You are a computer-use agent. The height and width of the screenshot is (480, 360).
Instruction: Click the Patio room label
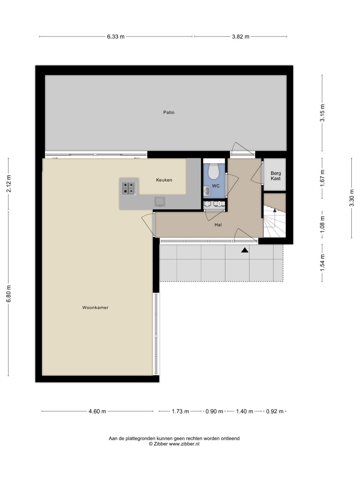pyautogui.click(x=169, y=112)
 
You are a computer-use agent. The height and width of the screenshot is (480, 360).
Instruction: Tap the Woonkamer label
pyautogui.click(x=95, y=307)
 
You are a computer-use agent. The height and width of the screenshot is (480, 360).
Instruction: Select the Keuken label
pyautogui.click(x=164, y=180)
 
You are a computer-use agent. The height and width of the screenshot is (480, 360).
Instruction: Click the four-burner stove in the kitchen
pyautogui.click(x=129, y=188)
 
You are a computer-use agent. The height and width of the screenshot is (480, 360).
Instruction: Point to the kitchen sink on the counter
pyautogui.click(x=160, y=202)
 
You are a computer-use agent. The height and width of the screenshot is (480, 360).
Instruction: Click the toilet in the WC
pyautogui.click(x=214, y=171)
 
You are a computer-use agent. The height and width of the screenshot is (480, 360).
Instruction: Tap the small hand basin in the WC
pyautogui.click(x=207, y=191)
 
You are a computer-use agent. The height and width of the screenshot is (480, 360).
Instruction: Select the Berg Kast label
pyautogui.click(x=276, y=176)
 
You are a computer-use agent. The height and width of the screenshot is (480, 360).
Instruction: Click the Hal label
pyautogui.click(x=218, y=225)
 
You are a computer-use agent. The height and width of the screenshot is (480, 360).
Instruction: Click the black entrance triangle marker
pyautogui.click(x=245, y=250)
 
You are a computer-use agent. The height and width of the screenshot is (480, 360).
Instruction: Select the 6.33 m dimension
pyautogui.click(x=115, y=37)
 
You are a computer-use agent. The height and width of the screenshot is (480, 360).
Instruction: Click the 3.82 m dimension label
pyautogui.click(x=240, y=37)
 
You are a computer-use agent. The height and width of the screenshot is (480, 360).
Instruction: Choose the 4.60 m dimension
pyautogui.click(x=97, y=411)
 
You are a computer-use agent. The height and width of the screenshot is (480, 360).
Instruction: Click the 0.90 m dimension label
pyautogui.click(x=214, y=411)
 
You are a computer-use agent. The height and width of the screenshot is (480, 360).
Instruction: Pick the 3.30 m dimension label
pyautogui.click(x=352, y=198)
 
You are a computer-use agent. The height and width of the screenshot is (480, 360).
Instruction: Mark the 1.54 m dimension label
pyautogui.click(x=322, y=263)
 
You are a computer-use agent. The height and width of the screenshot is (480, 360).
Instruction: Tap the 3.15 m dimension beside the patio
pyautogui.click(x=322, y=113)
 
